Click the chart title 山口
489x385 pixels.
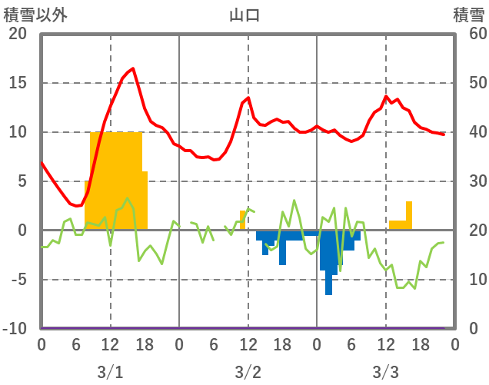[244, 15]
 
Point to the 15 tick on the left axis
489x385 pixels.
[18, 83]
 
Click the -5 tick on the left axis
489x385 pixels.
[18, 280]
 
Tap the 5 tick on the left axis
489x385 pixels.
[22, 181]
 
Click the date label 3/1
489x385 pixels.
[110, 372]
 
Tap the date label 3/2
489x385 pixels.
[248, 372]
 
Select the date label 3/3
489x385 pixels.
[385, 372]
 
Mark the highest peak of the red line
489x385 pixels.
[133, 69]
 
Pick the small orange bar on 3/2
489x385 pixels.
[243, 220]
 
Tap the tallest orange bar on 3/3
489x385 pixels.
[409, 215]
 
